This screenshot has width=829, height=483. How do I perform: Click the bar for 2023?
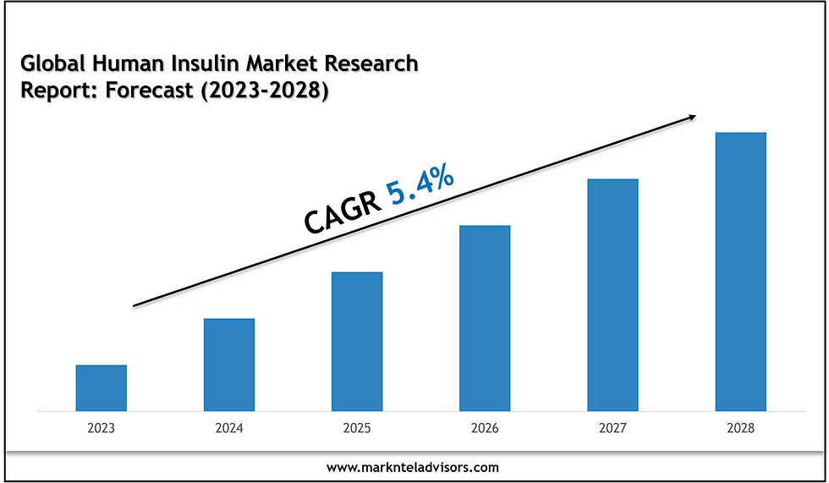pos(102,388)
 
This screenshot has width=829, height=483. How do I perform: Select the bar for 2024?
pos(229,365)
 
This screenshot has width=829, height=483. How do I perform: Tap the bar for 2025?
pos(357,342)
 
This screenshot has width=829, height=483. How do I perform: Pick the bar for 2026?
pos(485,318)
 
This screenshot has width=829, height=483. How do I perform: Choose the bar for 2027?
pos(612,295)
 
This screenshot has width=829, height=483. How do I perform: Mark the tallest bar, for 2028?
pos(740,272)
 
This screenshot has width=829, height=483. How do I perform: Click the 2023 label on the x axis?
pos(102,429)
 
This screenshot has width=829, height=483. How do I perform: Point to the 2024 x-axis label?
pos(229,429)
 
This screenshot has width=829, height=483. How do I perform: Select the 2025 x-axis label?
pos(357,429)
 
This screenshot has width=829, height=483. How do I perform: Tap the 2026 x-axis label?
pos(485,429)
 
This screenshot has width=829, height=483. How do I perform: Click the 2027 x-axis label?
pos(612,429)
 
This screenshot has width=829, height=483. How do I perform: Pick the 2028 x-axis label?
pos(740,429)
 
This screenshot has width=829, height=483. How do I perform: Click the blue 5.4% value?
pos(420,188)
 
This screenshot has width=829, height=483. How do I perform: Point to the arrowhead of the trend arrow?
pos(693,118)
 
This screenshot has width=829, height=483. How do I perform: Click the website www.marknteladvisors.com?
pos(413,466)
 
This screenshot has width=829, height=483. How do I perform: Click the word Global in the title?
pos(47,63)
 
